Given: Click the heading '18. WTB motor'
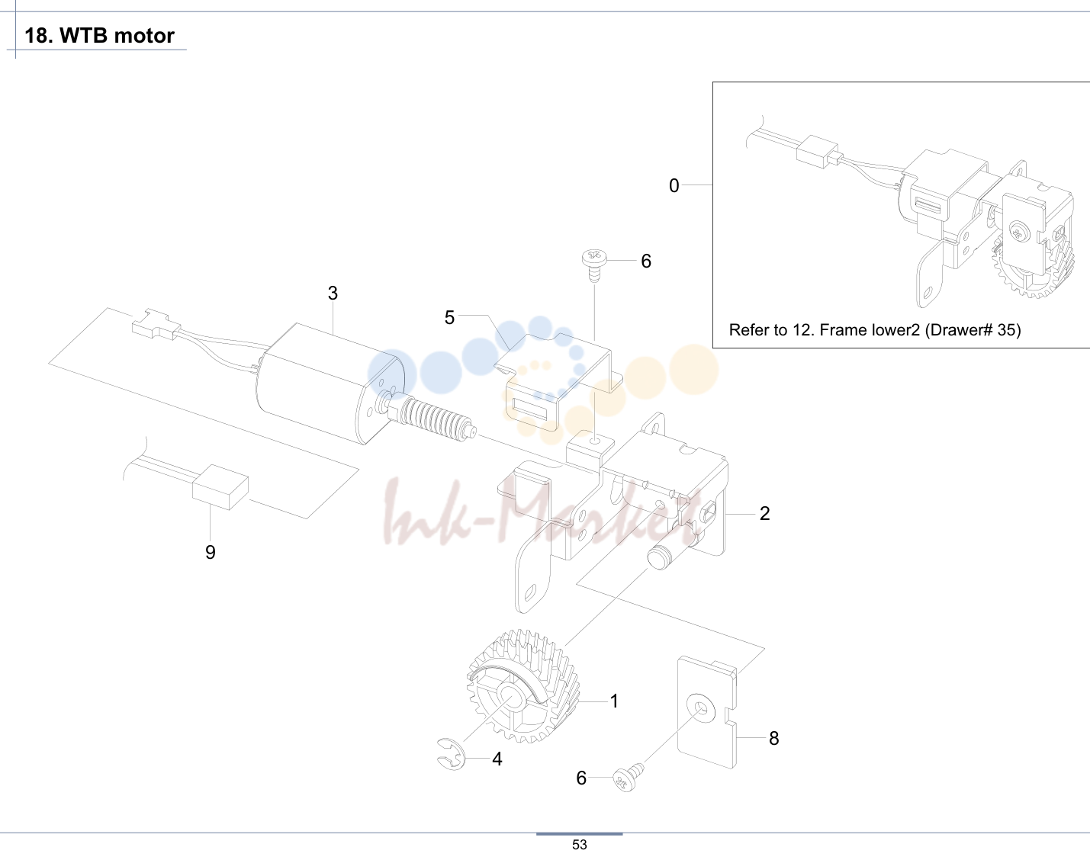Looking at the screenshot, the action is [99, 35].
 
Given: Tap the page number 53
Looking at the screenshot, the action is [580, 844].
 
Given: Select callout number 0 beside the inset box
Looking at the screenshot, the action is [674, 186].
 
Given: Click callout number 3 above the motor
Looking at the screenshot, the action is [333, 293].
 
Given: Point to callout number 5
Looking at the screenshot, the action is [449, 318].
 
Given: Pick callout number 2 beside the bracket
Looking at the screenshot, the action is [764, 514].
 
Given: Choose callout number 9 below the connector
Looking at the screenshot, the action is [211, 552].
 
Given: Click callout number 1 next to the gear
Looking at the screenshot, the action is [614, 701].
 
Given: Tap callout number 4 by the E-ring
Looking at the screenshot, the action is [497, 759].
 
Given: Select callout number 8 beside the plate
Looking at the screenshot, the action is [773, 739].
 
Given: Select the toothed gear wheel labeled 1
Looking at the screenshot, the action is [522, 686].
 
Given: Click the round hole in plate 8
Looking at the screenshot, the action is [701, 707].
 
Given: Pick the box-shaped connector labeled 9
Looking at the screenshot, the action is [220, 487].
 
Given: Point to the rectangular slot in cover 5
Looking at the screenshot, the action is [530, 409].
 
